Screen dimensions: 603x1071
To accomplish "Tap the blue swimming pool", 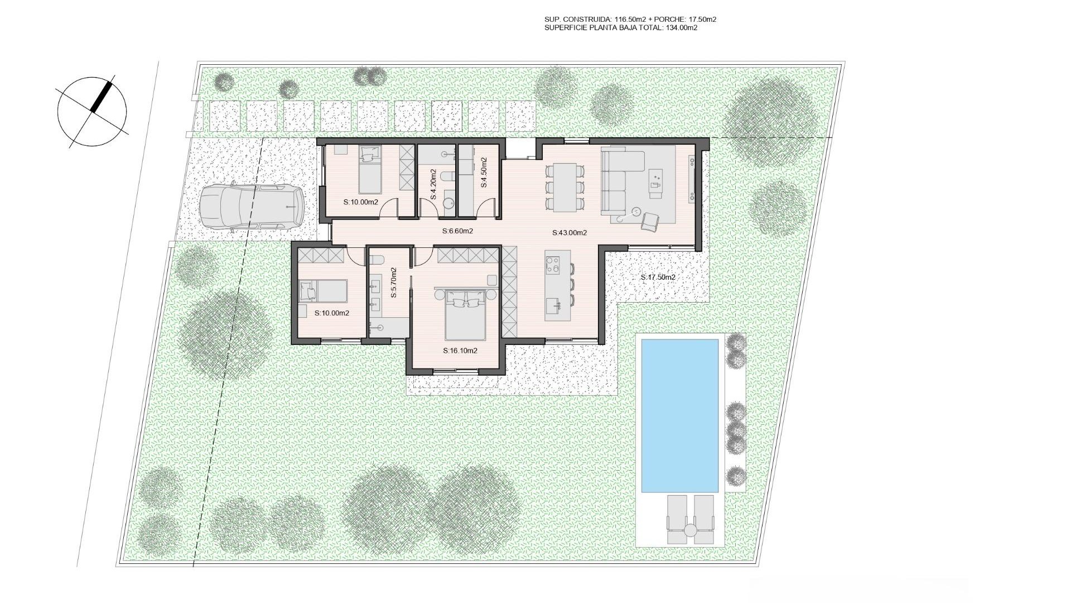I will click(x=679, y=415).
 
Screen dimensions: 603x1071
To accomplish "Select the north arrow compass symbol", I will click(x=92, y=111).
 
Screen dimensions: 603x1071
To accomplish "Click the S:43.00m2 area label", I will click(x=570, y=233).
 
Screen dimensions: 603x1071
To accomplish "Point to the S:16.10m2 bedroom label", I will click(x=460, y=351).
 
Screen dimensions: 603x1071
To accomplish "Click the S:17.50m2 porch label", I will click(x=658, y=277).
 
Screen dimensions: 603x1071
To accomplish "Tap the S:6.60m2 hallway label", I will click(x=457, y=231).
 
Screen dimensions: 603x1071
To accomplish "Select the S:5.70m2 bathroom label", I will click(x=393, y=283).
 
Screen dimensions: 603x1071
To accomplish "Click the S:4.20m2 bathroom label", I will click(x=433, y=185).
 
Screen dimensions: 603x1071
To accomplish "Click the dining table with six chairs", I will click(x=565, y=186).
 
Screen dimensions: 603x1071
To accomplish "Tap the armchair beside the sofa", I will click(x=649, y=222).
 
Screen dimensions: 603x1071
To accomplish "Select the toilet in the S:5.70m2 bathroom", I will click(x=376, y=260).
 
